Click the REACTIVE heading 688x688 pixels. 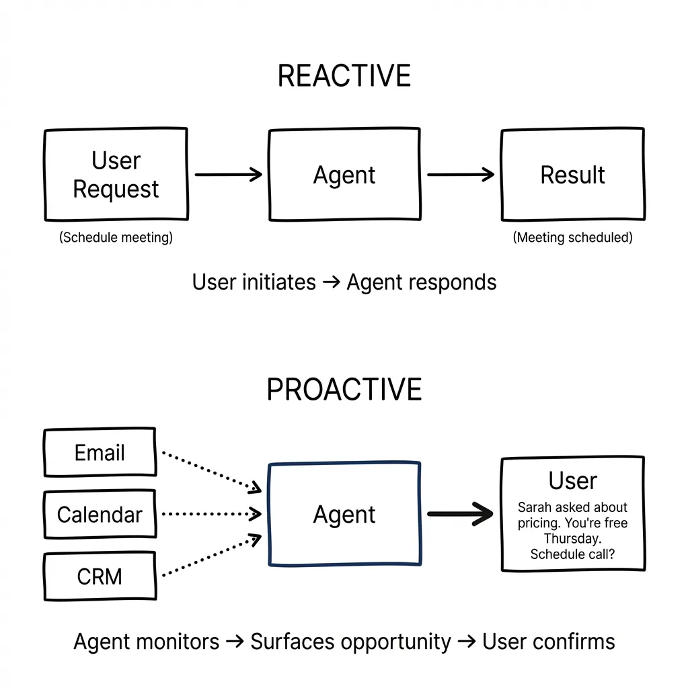tap(344, 76)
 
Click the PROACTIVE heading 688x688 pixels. tap(344, 390)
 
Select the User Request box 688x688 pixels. tap(116, 175)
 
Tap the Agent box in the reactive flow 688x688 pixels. tap(344, 175)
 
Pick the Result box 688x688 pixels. tap(572, 175)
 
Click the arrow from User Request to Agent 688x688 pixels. tap(228, 175)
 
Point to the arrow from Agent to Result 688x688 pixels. tap(461, 175)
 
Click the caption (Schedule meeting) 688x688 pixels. tap(116, 238)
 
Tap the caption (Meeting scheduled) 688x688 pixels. tap(572, 238)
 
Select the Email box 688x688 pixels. tap(100, 452)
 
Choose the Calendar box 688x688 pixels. tap(100, 515)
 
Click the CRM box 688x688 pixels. tap(100, 576)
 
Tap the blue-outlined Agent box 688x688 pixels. tap(344, 514)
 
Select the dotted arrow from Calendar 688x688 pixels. tap(212, 514)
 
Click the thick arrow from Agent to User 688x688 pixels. tap(461, 515)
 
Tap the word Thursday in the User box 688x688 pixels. tap(572, 539)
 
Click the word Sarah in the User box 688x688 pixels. tap(534, 508)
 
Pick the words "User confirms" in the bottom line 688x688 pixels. tap(548, 642)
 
